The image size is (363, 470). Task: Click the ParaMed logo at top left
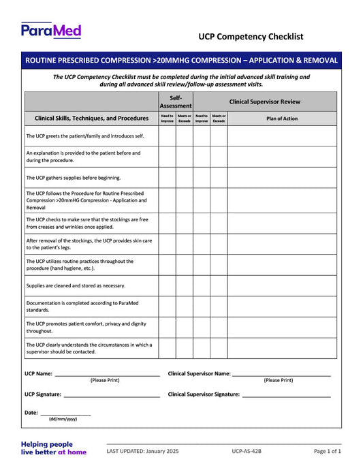[51, 30]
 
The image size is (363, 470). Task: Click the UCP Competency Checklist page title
[251, 37]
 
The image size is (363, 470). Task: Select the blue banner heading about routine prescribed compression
[181, 61]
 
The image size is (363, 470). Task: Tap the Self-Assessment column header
[176, 101]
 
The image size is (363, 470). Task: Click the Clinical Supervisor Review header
[264, 101]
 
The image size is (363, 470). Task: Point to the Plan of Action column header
[281, 119]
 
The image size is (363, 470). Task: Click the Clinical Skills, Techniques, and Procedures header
[91, 119]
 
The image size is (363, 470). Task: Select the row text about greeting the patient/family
[85, 136]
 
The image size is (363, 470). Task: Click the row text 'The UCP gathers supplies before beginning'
[74, 178]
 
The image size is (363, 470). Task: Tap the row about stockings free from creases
[87, 223]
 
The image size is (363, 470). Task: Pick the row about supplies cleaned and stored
[76, 285]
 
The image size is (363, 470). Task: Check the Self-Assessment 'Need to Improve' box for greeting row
[167, 136]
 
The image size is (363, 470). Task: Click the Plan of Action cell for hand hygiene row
[281, 264]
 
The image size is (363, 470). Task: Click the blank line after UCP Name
[107, 373]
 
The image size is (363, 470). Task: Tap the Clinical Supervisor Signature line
[286, 394]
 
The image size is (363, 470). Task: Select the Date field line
[65, 413]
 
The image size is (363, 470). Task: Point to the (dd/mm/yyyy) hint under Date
[63, 420]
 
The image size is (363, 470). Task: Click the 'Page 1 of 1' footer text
[328, 451]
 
